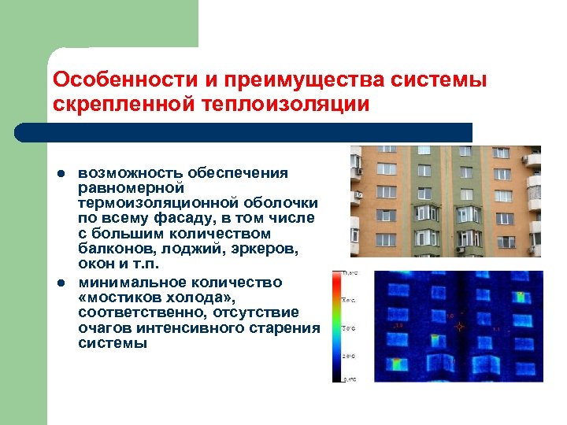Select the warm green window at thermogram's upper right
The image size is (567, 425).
pos(520,297)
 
